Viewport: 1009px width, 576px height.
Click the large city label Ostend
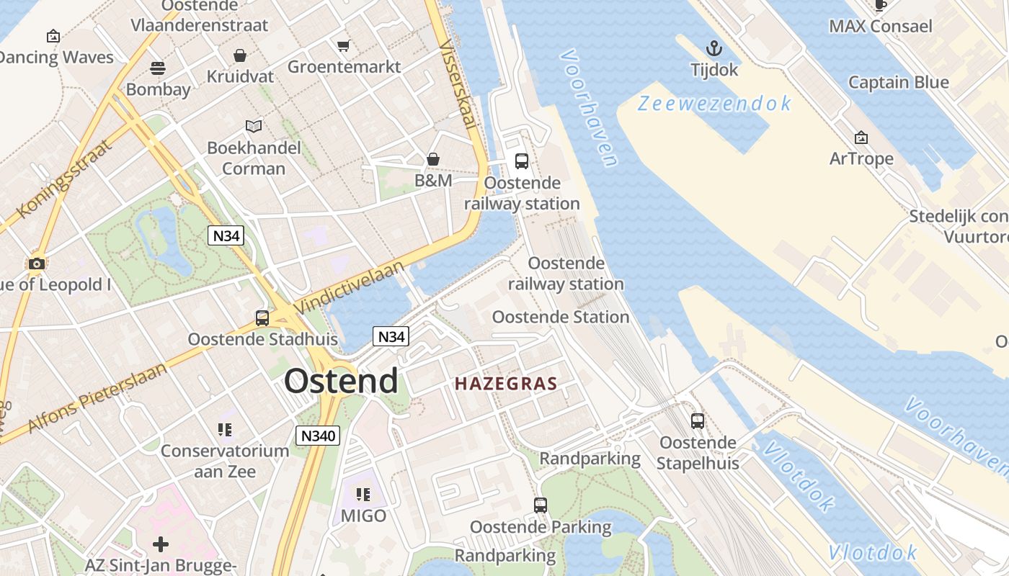340,381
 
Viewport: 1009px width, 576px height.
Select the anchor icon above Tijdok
714,49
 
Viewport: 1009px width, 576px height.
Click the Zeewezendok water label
714,104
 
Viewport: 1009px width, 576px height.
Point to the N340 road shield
318,436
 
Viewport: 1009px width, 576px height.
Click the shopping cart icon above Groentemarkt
344,46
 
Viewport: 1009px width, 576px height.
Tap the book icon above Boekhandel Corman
254,127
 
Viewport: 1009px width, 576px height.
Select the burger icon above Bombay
158,68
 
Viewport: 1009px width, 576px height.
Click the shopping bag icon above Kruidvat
239,55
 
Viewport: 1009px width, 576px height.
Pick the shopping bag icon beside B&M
433,159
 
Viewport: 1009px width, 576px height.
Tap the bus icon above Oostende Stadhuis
262,318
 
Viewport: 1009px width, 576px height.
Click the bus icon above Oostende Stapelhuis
697,421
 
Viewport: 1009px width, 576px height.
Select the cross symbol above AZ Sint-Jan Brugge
161,544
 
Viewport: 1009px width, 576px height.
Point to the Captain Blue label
898,82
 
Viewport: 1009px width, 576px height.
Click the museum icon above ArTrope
861,138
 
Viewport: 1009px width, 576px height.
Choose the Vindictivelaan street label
350,284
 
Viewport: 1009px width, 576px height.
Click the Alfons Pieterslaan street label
97,398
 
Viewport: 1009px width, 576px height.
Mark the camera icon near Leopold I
36,264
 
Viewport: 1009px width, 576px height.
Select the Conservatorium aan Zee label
224,461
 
